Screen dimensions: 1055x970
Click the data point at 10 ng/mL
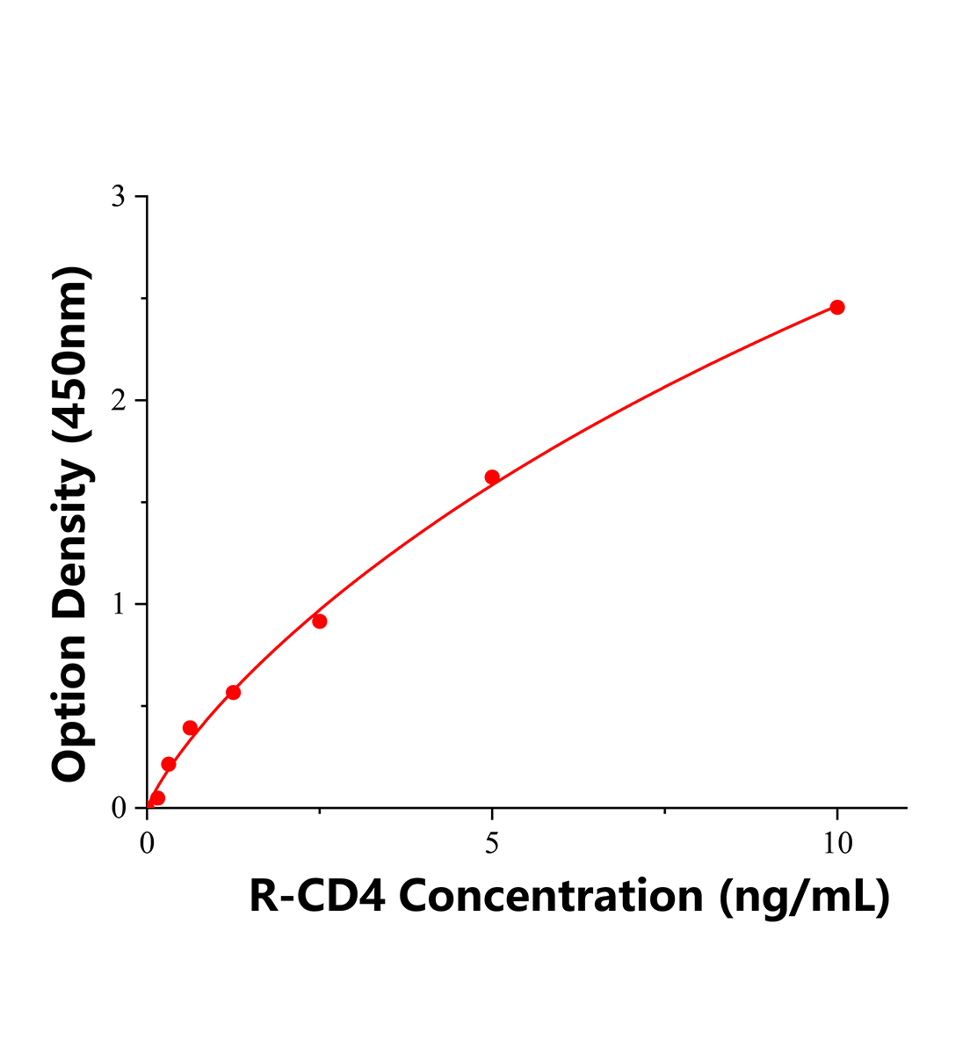tap(837, 307)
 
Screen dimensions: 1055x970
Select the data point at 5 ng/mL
tap(492, 477)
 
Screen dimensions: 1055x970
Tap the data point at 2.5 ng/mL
tap(320, 622)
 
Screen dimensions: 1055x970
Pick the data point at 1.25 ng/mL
tap(233, 693)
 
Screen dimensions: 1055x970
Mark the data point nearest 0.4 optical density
tap(190, 728)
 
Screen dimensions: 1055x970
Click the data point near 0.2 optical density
tap(169, 765)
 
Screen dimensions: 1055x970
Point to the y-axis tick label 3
tap(117, 197)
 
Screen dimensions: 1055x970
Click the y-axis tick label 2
tap(117, 401)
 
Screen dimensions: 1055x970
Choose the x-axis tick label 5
tap(492, 844)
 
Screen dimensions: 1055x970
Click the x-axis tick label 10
tap(837, 844)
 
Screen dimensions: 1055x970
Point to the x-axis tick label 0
tap(148, 844)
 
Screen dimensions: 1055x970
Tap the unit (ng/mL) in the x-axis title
tap(804, 897)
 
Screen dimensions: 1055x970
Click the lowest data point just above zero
tap(157, 798)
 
